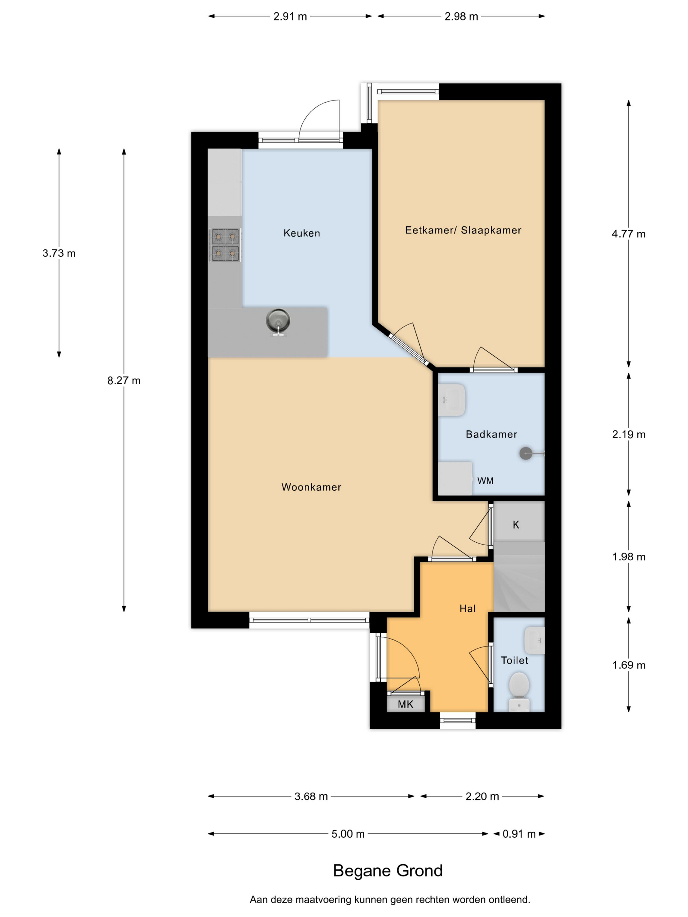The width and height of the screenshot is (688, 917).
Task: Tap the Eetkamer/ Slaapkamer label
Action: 463,230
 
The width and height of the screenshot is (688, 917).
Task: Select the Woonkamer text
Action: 311,487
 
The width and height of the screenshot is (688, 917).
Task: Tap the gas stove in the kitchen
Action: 225,245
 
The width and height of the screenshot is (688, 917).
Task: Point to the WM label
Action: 485,481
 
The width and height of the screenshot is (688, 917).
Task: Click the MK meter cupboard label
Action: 405,704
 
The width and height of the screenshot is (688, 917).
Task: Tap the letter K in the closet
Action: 516,525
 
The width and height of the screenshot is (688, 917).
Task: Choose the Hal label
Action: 468,608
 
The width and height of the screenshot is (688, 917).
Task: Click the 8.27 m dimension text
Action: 124,381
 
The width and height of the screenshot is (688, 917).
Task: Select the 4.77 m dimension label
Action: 628,234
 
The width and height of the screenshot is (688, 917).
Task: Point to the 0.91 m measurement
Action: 519,834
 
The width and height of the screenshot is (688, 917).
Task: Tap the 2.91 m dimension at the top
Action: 290,17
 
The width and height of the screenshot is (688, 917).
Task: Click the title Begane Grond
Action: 388,871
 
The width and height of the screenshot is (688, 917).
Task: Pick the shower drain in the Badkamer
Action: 526,454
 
